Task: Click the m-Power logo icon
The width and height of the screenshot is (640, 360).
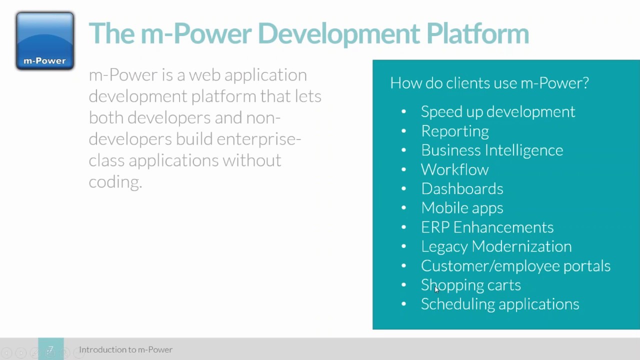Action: coord(45,41)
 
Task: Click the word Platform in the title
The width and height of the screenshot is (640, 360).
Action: coord(477,34)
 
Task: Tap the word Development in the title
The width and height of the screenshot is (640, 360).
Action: coord(338,34)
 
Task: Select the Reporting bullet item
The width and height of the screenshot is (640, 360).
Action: coord(454,131)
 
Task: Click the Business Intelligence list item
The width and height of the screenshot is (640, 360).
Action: coord(491,150)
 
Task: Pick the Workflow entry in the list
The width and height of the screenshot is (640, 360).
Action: coord(454,169)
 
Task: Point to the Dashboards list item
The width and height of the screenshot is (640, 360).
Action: coord(461,188)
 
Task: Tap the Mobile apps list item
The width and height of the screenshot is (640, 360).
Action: coord(461,207)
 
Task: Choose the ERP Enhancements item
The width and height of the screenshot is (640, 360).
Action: coord(487,227)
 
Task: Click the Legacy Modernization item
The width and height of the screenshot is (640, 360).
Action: coord(496,246)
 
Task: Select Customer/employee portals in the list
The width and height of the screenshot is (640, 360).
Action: coord(515,265)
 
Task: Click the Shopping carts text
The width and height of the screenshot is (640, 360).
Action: coord(470,285)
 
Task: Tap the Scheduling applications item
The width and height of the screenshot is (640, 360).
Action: coord(499,304)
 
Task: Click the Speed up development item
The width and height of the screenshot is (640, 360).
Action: coord(497,111)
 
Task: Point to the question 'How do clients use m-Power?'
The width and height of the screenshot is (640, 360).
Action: coord(489,83)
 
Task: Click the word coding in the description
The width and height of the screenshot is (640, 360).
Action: coord(114,182)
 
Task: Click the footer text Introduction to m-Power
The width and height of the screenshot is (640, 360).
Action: coord(125,349)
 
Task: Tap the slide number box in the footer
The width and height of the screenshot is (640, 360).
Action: coord(51,349)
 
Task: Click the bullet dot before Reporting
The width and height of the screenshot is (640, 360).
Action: coord(403,131)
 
